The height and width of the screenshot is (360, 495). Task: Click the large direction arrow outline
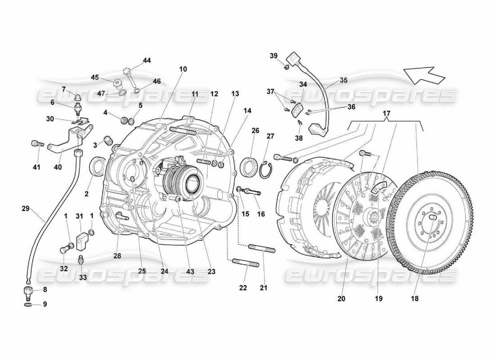coord(424,74)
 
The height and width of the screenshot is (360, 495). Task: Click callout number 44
coord(147,60)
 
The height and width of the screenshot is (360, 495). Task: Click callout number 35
coord(343,81)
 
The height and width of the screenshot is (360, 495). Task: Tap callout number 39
coord(274,56)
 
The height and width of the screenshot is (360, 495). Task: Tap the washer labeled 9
coord(27,305)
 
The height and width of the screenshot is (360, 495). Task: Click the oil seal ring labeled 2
coord(97,166)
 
